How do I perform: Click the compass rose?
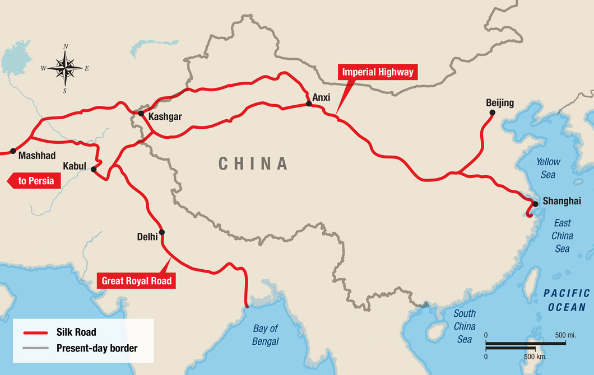(66, 69)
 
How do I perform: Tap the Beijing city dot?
(492, 112)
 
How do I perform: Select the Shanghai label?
(561, 201)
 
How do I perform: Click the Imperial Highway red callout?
(378, 72)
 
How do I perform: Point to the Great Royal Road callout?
(137, 280)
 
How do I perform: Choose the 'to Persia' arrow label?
(33, 180)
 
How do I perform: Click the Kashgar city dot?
(141, 113)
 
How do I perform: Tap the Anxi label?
(322, 97)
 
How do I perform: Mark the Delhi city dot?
(162, 232)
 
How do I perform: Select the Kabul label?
(75, 166)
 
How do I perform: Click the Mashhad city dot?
(13, 151)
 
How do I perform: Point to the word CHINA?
(253, 163)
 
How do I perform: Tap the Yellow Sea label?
(547, 168)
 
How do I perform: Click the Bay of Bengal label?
(266, 335)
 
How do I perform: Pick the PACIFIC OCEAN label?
(567, 299)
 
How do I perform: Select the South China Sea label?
(465, 326)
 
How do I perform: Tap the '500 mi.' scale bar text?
(564, 335)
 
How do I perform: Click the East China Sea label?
(563, 236)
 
